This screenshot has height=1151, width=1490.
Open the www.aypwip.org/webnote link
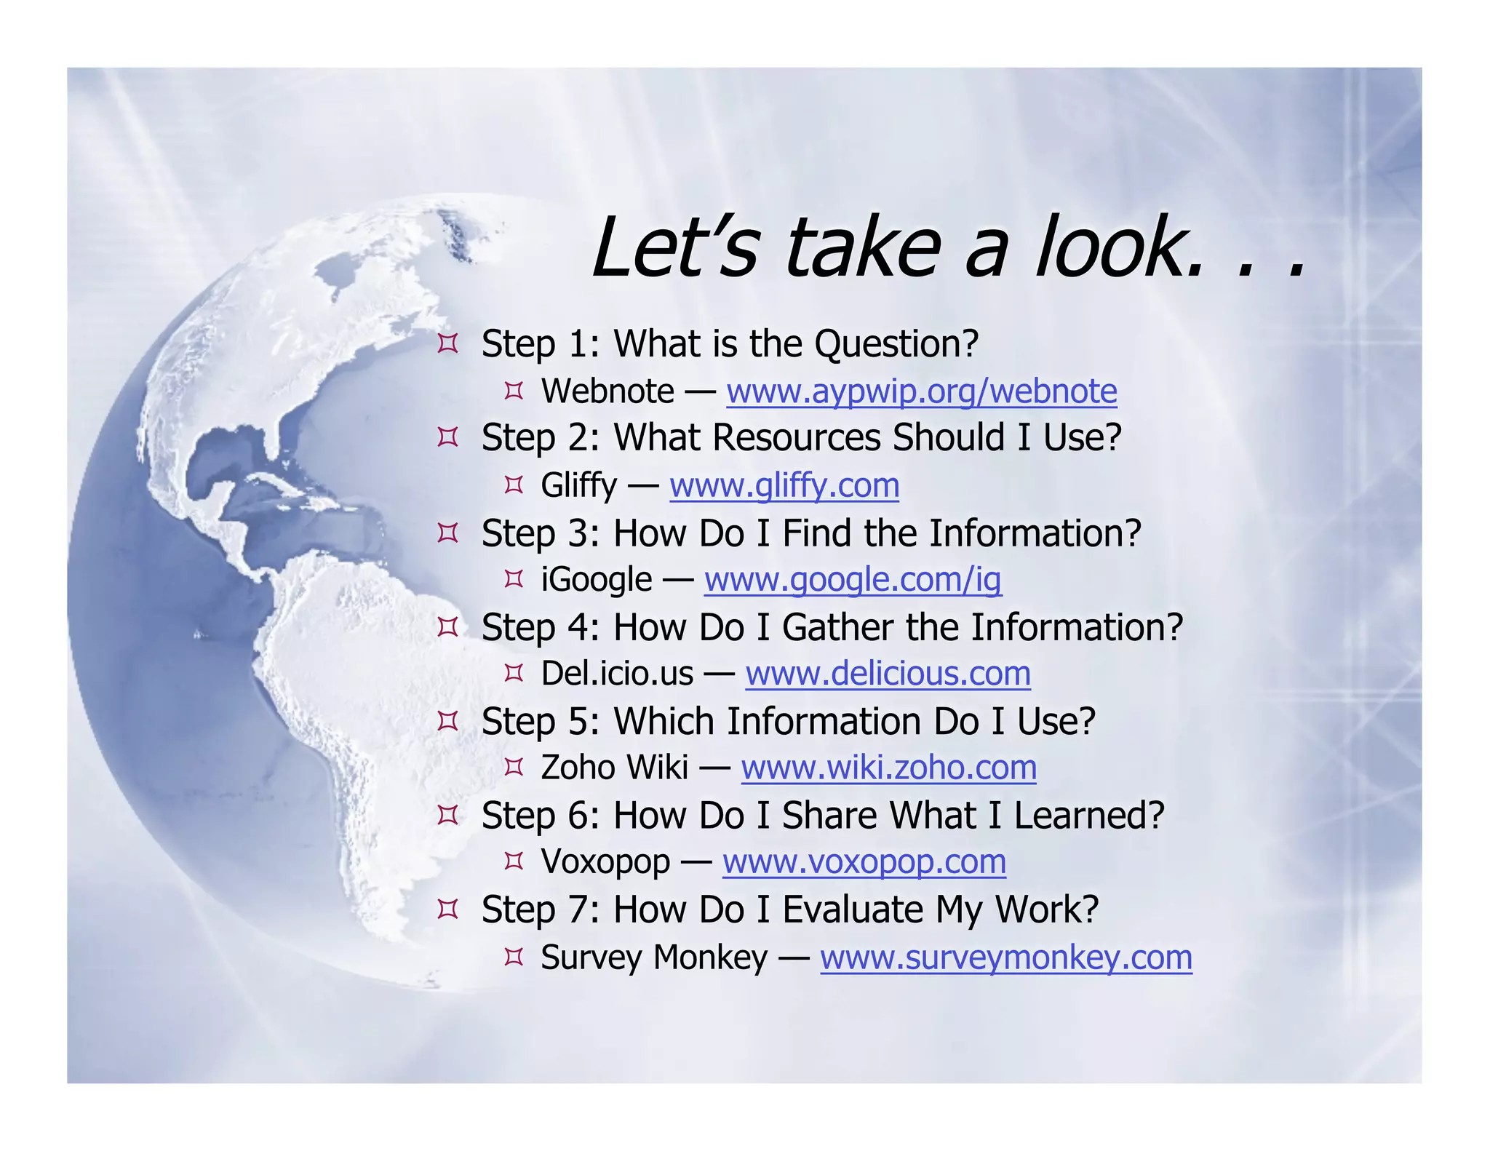point(921,391)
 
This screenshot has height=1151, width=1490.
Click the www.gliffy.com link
point(784,485)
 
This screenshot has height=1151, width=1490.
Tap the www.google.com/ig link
point(853,580)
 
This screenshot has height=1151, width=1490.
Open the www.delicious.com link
point(888,674)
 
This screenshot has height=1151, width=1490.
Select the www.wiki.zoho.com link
point(888,768)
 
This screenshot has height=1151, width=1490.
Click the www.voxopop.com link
point(864,862)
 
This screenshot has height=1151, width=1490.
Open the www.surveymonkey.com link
point(1005,957)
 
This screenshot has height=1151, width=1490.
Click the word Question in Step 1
point(896,344)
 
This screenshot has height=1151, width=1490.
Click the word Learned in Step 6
point(1088,815)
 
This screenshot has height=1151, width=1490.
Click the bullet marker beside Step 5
point(447,721)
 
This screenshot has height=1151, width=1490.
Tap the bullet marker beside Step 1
point(447,343)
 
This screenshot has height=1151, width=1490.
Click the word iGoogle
point(597,580)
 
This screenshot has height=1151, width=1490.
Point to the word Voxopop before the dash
point(605,862)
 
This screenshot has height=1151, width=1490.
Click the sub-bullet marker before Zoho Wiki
point(514,767)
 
